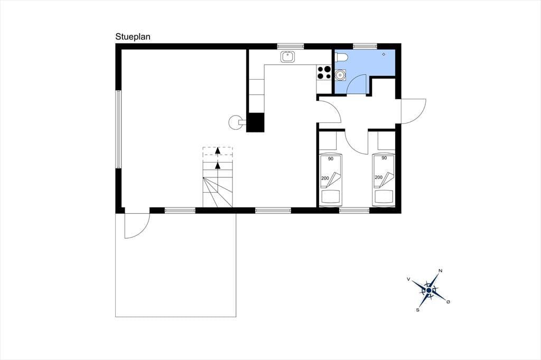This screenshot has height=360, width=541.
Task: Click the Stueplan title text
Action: [133, 37]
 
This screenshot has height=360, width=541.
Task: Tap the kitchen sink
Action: [287, 56]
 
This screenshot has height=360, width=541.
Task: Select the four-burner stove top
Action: [324, 72]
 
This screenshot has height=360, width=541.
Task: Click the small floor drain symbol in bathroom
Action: [384, 54]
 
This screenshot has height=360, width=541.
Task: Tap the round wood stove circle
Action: [236, 122]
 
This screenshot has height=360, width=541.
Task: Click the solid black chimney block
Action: [255, 122]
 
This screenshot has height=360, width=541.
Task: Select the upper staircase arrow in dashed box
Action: [217, 150]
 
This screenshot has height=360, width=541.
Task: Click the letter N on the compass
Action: [440, 271]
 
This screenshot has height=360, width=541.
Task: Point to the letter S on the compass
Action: [418, 310]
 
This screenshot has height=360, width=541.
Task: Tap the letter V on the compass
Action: [408, 279]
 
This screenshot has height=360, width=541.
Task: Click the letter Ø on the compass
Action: [448, 302]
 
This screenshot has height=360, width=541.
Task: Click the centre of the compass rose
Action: [428, 291]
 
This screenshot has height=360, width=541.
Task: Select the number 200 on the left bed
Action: [325, 178]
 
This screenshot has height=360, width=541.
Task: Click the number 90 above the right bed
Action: [384, 158]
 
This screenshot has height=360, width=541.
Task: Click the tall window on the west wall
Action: [118, 129]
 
